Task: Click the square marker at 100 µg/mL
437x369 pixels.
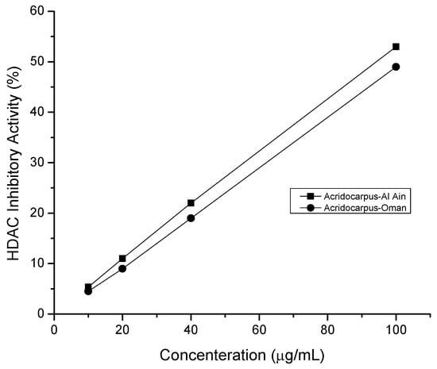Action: click(x=396, y=47)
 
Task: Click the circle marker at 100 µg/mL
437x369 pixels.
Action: click(x=396, y=67)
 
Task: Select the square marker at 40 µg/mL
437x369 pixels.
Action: click(x=191, y=203)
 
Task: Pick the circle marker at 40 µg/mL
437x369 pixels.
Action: click(x=191, y=218)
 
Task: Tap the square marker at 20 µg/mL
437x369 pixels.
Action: click(x=122, y=258)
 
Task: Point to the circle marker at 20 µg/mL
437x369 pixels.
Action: click(x=122, y=268)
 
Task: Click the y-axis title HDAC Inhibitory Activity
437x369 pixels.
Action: click(x=14, y=163)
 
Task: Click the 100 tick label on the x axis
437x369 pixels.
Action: click(x=396, y=328)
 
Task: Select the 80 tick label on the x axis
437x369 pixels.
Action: click(x=327, y=328)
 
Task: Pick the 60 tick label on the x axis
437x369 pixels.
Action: click(x=259, y=328)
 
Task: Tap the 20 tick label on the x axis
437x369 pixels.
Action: click(x=122, y=328)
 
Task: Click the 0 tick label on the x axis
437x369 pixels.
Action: click(x=54, y=328)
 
